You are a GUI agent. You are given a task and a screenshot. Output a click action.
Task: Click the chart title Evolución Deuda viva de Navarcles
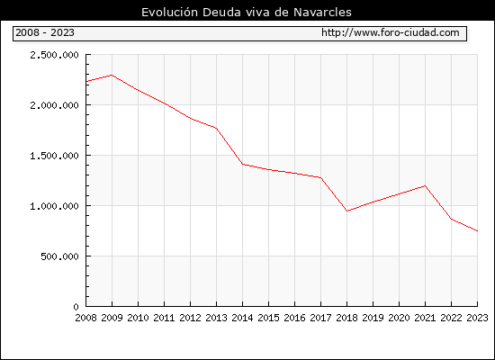point(247,13)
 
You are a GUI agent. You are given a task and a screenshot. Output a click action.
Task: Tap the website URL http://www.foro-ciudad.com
point(391,32)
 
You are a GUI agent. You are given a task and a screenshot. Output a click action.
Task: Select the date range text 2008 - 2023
point(45,32)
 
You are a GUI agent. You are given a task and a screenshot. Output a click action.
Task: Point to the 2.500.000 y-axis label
point(54,55)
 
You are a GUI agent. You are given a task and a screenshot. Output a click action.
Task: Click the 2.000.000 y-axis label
point(54,105)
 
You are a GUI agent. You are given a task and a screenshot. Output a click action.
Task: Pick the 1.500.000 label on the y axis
point(54,156)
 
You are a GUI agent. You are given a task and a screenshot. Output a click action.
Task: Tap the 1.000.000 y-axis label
point(54,206)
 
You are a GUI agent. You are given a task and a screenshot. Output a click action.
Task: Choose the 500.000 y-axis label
point(59,256)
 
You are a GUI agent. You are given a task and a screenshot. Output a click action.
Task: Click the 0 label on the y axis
point(76,307)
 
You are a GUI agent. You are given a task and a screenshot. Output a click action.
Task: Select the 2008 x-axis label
point(85,318)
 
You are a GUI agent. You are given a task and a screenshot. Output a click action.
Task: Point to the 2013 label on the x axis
point(216,318)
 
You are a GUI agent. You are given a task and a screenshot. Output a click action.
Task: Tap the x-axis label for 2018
point(346,318)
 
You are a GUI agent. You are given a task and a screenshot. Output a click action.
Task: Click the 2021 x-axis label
point(425,318)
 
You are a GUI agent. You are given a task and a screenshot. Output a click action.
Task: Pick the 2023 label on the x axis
point(477,318)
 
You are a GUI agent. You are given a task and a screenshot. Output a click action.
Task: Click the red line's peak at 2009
point(112,76)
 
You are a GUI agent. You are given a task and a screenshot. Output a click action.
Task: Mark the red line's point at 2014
point(242,164)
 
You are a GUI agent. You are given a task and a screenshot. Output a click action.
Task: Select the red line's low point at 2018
point(346,211)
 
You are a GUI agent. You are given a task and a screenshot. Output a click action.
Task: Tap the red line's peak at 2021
point(425,185)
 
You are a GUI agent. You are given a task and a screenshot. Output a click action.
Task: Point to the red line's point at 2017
point(320,178)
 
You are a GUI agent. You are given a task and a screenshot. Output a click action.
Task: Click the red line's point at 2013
point(216,128)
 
